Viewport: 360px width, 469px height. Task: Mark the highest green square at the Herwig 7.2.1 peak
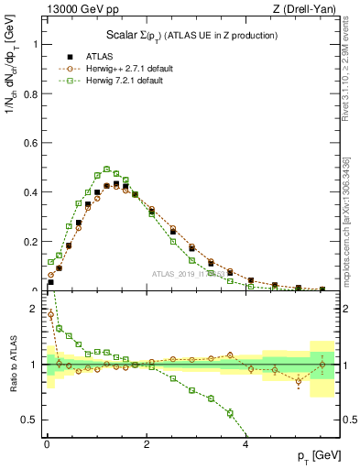coord(107,169)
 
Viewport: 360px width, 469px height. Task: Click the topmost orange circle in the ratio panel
coord(50,314)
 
